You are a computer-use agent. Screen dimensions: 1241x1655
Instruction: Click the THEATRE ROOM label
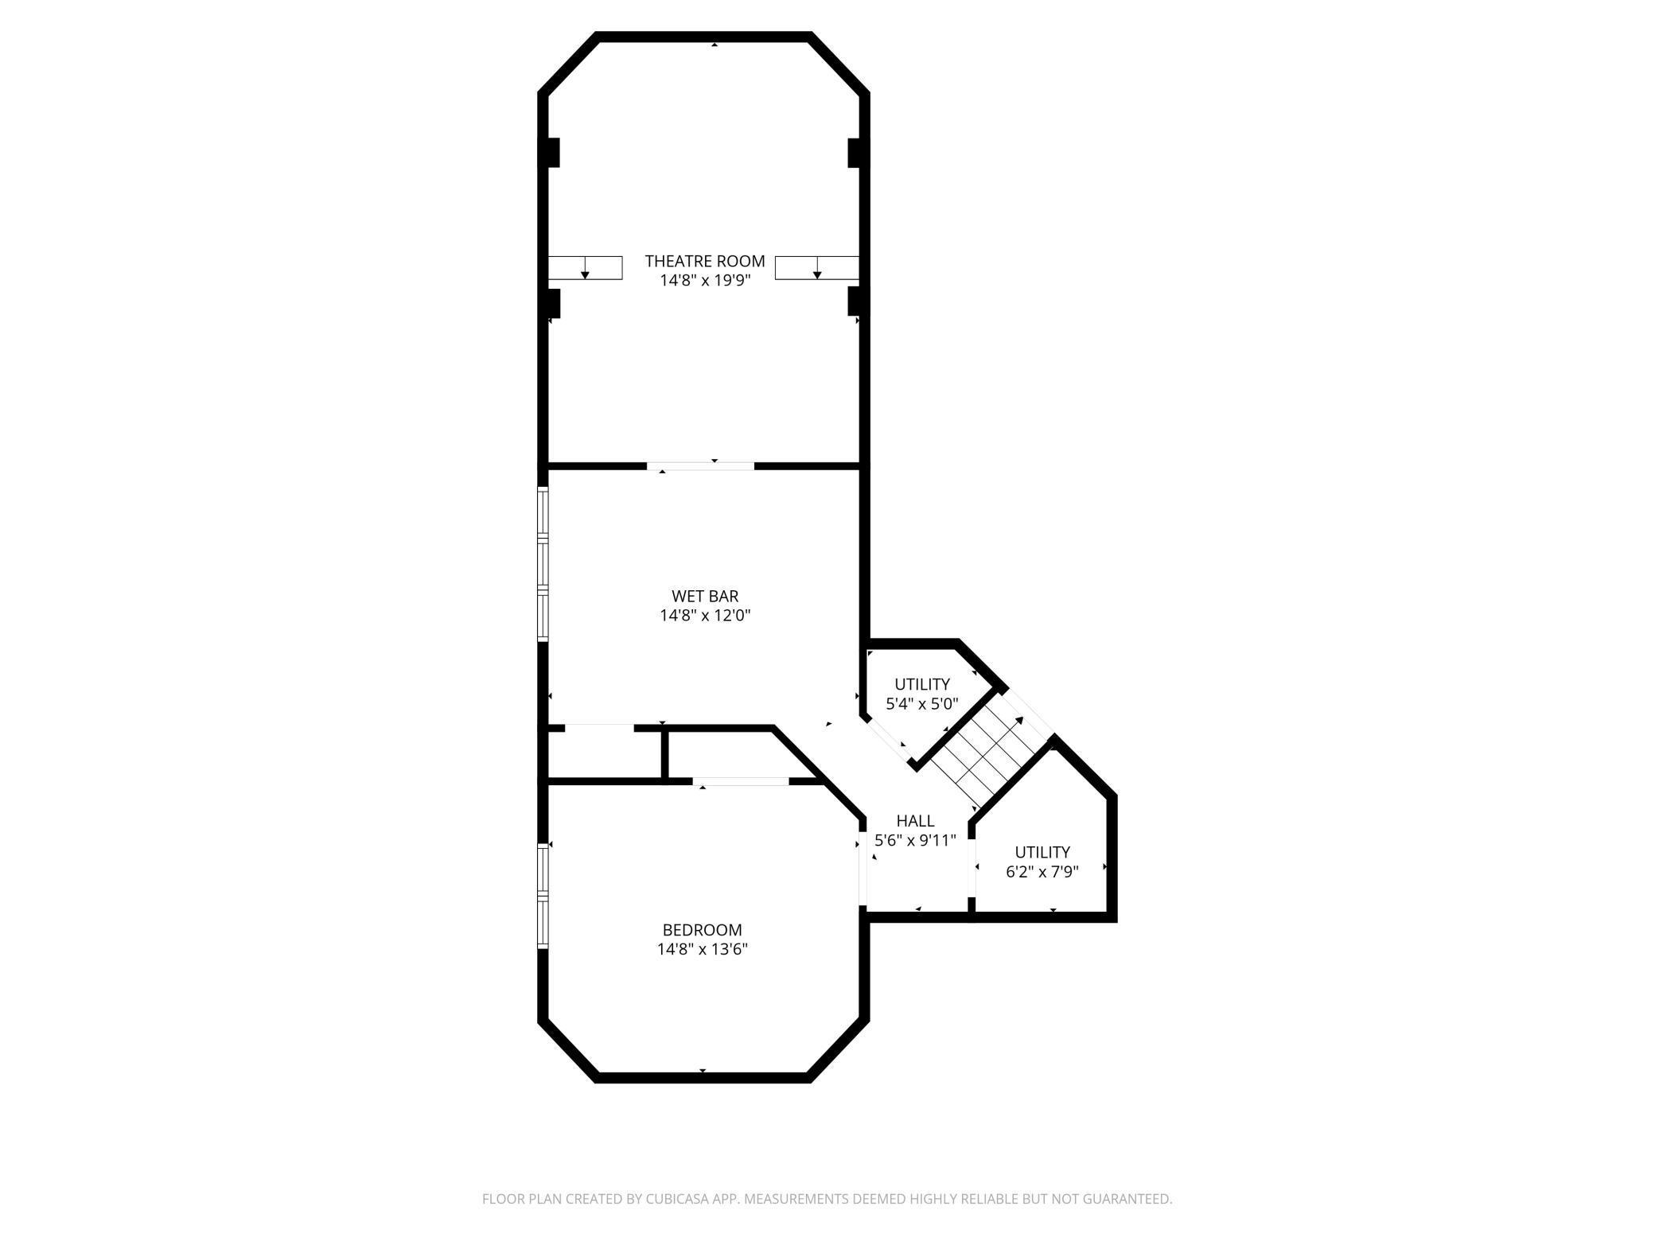tap(704, 261)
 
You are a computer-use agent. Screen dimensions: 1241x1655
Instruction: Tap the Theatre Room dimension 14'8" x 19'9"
tap(704, 280)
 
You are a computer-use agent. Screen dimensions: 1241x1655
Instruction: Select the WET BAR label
tap(705, 596)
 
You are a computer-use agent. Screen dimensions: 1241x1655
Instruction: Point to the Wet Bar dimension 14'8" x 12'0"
tap(705, 615)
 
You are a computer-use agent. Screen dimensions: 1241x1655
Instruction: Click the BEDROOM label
tap(702, 930)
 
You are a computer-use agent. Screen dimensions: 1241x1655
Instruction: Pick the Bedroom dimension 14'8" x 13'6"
tap(702, 949)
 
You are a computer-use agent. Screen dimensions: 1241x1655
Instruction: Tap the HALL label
tap(915, 821)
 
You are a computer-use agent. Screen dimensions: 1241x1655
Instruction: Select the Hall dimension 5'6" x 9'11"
tap(915, 840)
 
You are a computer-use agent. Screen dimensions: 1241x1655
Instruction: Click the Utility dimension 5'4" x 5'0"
tap(921, 704)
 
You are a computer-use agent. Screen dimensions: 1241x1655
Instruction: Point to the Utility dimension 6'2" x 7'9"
tap(1042, 872)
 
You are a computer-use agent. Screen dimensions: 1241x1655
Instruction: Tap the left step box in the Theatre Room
tap(585, 268)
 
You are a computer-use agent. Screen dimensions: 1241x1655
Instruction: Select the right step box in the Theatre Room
tap(817, 268)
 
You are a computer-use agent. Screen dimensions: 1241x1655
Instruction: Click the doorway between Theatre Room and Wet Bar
tap(700, 465)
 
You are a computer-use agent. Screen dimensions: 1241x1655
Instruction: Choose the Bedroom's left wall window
tap(543, 896)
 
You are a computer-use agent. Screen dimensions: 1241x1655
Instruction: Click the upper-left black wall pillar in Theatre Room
tap(553, 153)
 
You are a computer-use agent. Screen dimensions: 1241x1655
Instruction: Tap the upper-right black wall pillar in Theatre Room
tap(856, 153)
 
